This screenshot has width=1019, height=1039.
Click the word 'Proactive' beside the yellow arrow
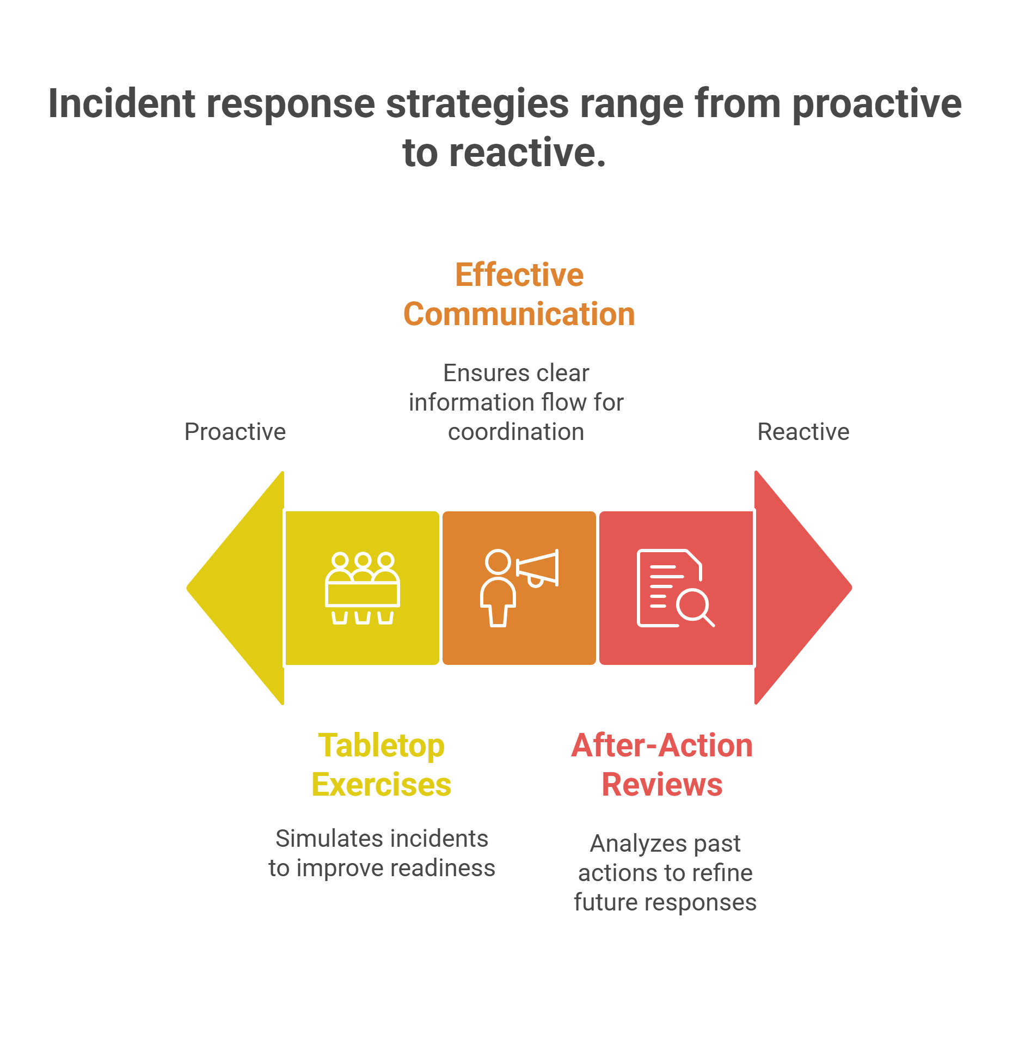235,432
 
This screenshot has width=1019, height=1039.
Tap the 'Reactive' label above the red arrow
803,432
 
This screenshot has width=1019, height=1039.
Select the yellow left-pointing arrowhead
240,588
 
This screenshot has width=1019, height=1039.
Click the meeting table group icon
363,588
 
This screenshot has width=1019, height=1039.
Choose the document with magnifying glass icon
675,588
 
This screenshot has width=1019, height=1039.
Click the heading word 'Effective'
519,274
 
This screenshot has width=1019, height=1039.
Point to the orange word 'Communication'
519,314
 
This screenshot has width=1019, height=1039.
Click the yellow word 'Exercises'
381,785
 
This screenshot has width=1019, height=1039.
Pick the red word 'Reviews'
662,785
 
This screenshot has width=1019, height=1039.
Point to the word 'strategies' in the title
477,105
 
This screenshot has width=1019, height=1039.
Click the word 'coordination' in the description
516,432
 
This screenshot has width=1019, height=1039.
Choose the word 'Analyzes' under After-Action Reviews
627,844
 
